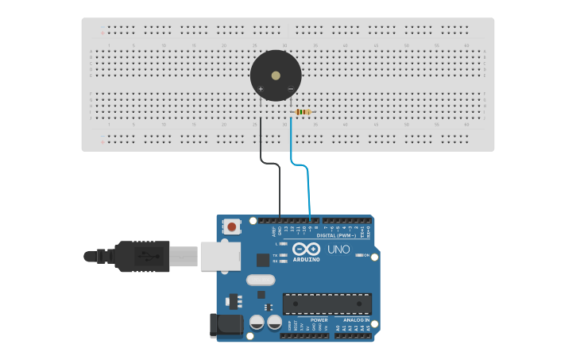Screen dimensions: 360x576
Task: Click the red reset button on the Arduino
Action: [231, 226]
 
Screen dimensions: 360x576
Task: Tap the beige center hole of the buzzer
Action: [276, 75]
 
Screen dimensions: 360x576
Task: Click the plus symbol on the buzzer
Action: [261, 88]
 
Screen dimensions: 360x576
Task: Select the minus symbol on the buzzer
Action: [290, 88]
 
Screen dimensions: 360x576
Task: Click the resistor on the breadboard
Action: [303, 112]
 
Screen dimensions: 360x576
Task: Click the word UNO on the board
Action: [338, 250]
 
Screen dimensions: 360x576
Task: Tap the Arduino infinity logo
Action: [306, 249]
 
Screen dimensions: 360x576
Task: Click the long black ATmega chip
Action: [327, 304]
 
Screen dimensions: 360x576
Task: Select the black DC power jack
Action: [226, 325]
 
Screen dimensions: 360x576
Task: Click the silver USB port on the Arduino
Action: [219, 256]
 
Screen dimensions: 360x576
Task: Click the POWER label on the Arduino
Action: [319, 319]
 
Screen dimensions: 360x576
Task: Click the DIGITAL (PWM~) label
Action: [337, 235]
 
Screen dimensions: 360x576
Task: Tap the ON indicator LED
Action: [359, 255]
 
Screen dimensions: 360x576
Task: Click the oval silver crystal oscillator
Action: [260, 280]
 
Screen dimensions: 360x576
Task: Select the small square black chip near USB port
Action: [263, 260]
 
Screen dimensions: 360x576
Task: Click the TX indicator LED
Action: [284, 255]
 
